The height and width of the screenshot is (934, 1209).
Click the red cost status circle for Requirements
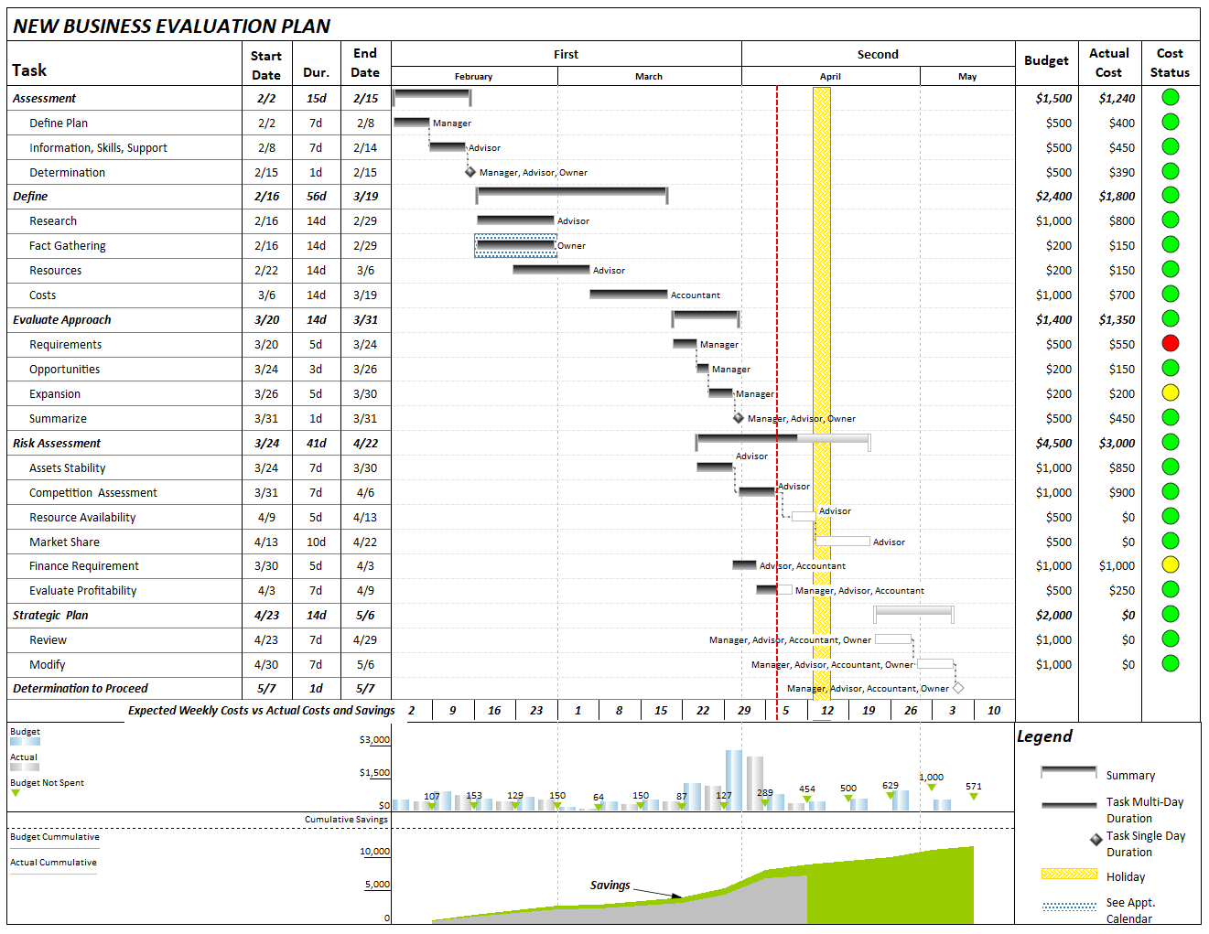(x=1170, y=344)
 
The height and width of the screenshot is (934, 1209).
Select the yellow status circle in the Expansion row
(x=1170, y=393)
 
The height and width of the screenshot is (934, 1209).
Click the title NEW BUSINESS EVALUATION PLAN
(x=171, y=27)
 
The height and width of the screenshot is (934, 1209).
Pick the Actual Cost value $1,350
(x=1117, y=320)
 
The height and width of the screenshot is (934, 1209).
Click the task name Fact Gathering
(x=67, y=246)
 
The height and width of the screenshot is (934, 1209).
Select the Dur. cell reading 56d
(x=316, y=197)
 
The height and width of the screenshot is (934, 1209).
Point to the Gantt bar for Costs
(x=628, y=295)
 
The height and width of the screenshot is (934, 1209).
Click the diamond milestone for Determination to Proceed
(x=958, y=688)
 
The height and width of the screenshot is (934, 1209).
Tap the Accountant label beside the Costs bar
(x=695, y=295)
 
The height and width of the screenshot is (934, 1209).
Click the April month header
(x=830, y=77)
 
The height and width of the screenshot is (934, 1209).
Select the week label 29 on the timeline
(x=744, y=711)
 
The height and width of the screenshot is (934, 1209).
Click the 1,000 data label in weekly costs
(x=931, y=777)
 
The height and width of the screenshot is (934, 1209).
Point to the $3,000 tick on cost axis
(x=374, y=740)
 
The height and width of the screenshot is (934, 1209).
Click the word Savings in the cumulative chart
(x=610, y=886)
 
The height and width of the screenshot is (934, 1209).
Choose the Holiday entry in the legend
(x=1125, y=877)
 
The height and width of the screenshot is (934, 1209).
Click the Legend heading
(x=1044, y=737)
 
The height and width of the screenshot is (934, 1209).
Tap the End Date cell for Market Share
(x=364, y=542)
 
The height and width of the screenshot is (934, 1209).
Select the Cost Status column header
(x=1170, y=63)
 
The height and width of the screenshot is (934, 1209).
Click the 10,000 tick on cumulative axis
(x=374, y=852)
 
